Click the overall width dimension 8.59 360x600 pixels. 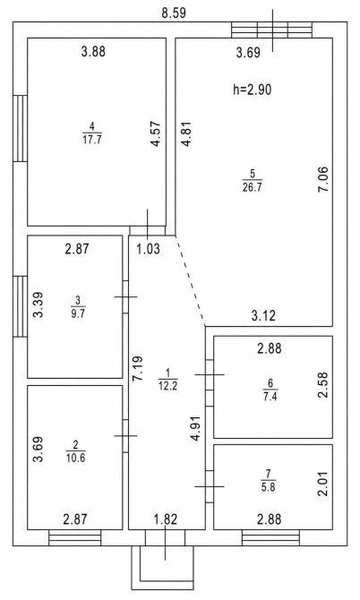(x=174, y=13)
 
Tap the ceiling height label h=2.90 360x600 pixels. (x=253, y=90)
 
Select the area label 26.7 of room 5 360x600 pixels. (x=253, y=187)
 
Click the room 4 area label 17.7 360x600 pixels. (x=92, y=139)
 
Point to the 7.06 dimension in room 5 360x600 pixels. (x=323, y=179)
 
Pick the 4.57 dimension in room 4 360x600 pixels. (x=155, y=134)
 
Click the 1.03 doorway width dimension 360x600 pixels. (x=148, y=249)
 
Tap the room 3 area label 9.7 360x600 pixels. (x=78, y=316)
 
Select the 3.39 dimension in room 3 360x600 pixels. (x=38, y=304)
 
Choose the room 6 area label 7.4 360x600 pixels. (x=270, y=397)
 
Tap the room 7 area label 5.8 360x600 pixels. (x=268, y=487)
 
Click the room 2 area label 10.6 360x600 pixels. (x=75, y=458)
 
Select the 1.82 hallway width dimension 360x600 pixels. (x=166, y=519)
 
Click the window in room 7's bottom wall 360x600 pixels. (x=270, y=537)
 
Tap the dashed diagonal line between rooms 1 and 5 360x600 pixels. (x=190, y=281)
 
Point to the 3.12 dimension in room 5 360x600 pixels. (x=263, y=316)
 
